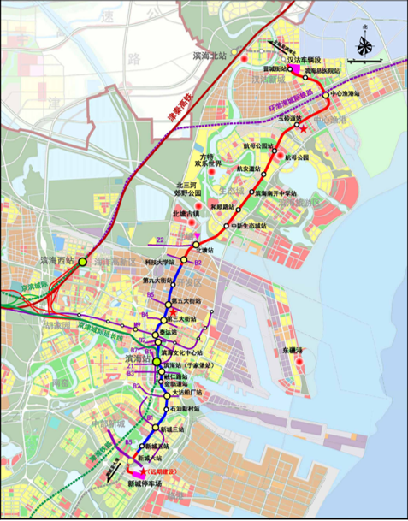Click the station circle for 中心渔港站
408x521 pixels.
[x=327, y=92]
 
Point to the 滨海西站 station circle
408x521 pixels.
[x=82, y=261]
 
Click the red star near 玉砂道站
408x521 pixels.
[x=304, y=127]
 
